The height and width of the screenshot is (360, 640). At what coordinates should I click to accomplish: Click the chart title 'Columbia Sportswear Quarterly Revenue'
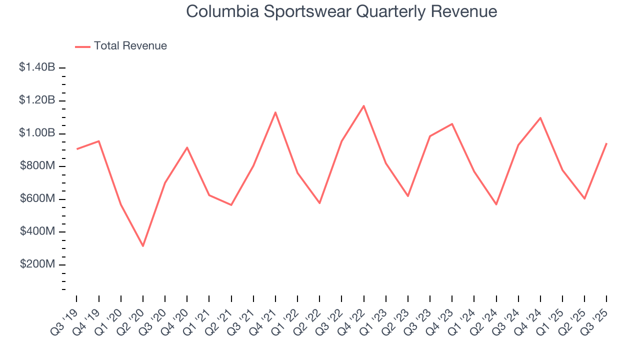341,11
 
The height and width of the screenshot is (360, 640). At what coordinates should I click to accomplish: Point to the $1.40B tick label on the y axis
37,67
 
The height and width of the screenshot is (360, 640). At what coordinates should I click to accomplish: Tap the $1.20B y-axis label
37,100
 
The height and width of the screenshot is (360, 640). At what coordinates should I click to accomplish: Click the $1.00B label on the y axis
37,133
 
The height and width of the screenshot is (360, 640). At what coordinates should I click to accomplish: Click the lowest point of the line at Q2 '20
143,246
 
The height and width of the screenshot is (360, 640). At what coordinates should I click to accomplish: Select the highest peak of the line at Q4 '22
363,105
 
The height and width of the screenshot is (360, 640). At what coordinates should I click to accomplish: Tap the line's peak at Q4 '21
275,112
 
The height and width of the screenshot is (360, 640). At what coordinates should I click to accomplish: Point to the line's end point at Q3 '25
606,143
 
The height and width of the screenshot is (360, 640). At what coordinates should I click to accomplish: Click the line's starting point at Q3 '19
76,149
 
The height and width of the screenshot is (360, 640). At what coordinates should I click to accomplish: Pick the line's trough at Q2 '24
496,204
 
